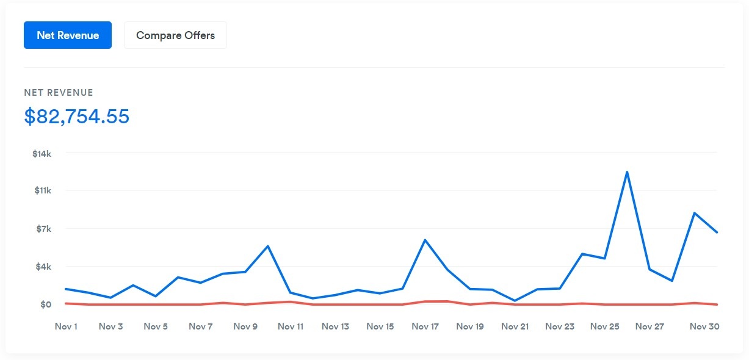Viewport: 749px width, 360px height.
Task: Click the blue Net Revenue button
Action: click(x=68, y=35)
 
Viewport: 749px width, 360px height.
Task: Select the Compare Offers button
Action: click(x=175, y=35)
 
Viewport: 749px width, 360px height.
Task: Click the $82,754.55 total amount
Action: click(x=77, y=116)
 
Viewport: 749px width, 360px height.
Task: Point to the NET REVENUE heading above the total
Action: click(x=59, y=93)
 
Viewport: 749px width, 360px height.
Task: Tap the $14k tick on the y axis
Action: click(x=42, y=153)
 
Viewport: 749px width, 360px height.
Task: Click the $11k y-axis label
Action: click(x=42, y=191)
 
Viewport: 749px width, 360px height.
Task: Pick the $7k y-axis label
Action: click(x=43, y=229)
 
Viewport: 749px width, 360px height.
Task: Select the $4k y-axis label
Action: click(x=43, y=267)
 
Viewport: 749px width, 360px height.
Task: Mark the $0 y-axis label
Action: click(x=46, y=304)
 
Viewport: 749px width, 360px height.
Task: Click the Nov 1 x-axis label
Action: click(x=66, y=326)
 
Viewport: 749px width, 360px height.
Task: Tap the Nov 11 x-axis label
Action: click(x=291, y=326)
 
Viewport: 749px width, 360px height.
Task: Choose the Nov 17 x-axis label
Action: click(x=425, y=326)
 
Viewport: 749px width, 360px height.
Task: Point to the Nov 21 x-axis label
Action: click(x=515, y=326)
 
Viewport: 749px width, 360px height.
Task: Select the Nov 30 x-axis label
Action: click(x=704, y=326)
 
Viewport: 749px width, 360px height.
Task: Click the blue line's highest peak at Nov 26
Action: click(x=627, y=172)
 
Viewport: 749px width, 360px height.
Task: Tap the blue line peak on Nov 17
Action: click(x=425, y=240)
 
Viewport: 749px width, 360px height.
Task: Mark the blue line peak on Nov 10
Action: click(x=268, y=246)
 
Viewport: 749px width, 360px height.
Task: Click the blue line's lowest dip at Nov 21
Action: click(x=515, y=300)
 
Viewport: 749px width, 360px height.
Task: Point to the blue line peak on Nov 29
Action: click(x=694, y=213)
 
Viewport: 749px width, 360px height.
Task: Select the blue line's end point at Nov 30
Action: click(x=716, y=232)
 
